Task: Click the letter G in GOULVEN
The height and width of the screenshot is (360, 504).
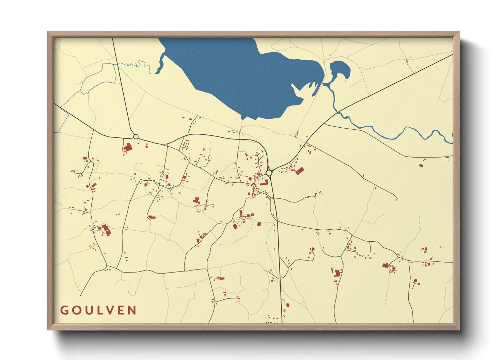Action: coord(64,310)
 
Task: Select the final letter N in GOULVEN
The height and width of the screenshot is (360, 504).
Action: coord(132,310)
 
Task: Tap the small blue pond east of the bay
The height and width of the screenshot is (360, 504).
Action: coord(339,70)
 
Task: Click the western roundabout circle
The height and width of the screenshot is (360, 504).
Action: coord(136,137)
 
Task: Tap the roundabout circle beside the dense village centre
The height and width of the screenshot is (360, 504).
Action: coord(269,173)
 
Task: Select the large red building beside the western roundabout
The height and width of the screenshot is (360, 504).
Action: coord(128,148)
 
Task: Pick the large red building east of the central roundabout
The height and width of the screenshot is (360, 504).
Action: coord(300,171)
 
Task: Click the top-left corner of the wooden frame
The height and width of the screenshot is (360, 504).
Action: coord(48,32)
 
